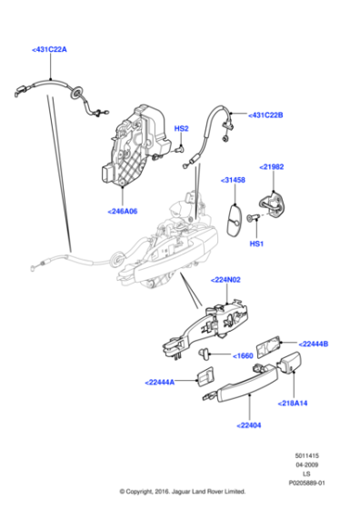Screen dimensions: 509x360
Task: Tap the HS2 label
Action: click(x=181, y=128)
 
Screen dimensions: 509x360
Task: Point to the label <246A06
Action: click(x=122, y=210)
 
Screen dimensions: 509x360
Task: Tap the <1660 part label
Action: click(x=243, y=355)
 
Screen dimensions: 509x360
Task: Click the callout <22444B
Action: click(x=313, y=343)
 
